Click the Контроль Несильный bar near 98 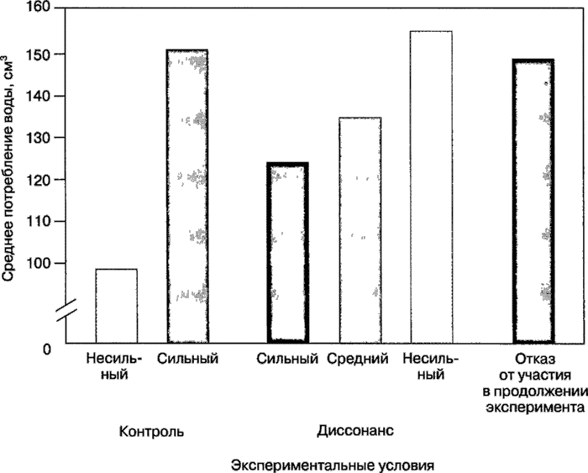click(x=116, y=305)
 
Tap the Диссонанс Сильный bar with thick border click(x=288, y=252)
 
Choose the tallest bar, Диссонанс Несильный click(x=431, y=187)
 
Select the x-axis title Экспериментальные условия click(x=335, y=465)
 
